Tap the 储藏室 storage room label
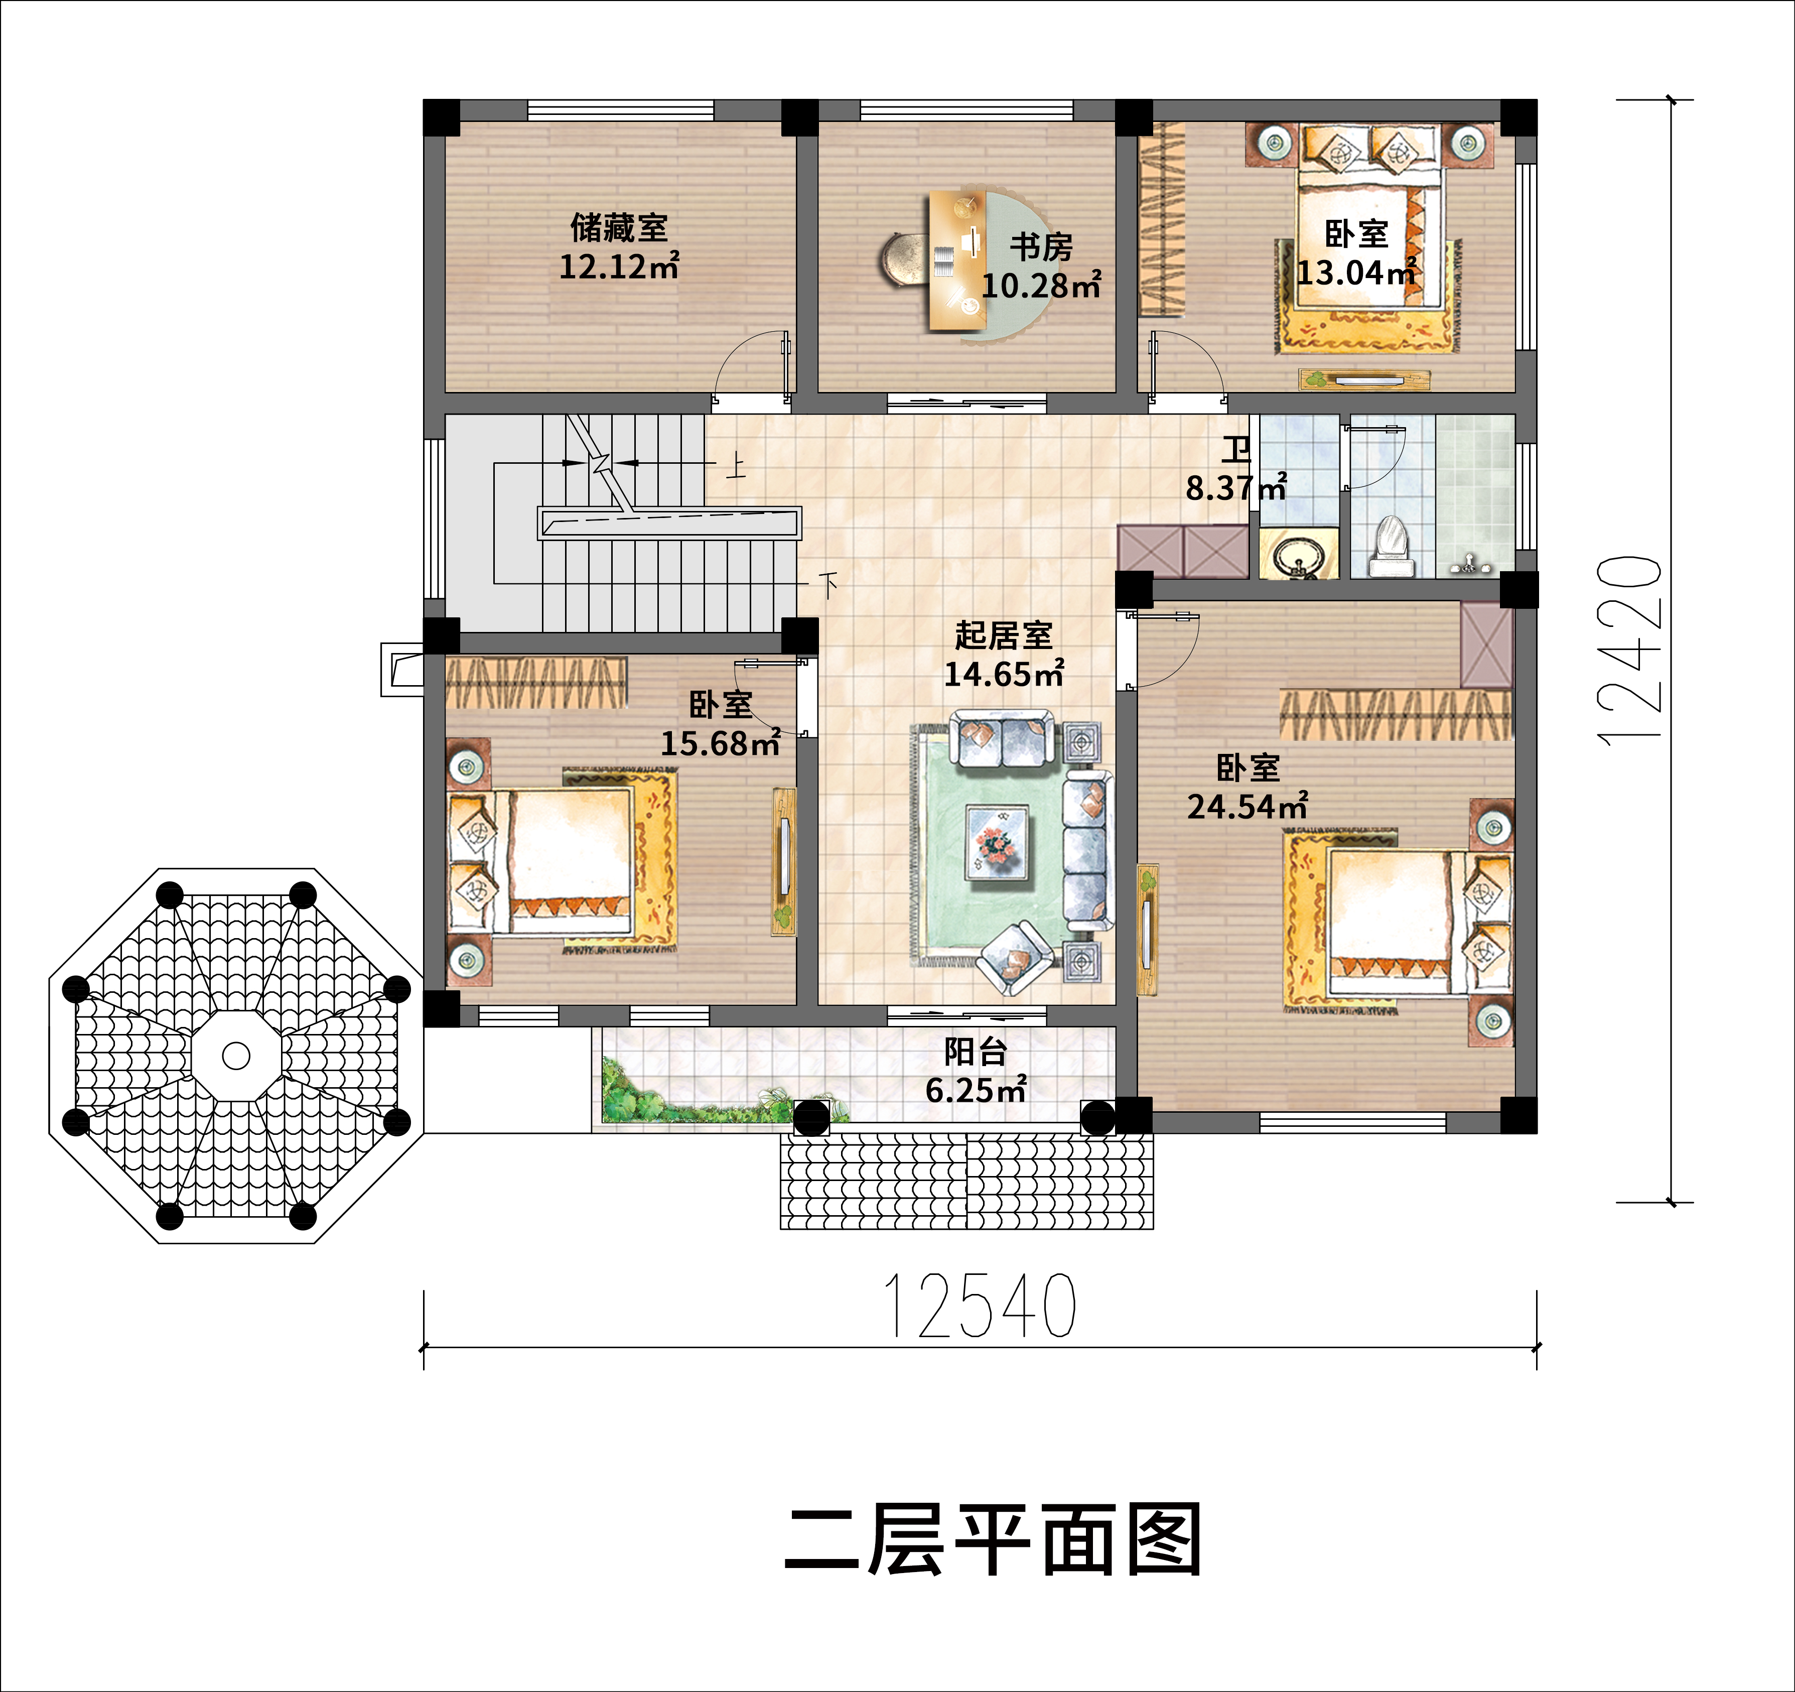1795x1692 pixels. [x=619, y=227]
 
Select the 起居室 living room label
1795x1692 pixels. [x=1003, y=635]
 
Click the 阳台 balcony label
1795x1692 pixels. [x=975, y=1052]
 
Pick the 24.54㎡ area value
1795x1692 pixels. [x=1247, y=806]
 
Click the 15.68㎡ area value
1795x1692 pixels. [x=720, y=743]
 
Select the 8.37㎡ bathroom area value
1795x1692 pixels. [x=1234, y=488]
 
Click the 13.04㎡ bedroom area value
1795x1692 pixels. [x=1355, y=272]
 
